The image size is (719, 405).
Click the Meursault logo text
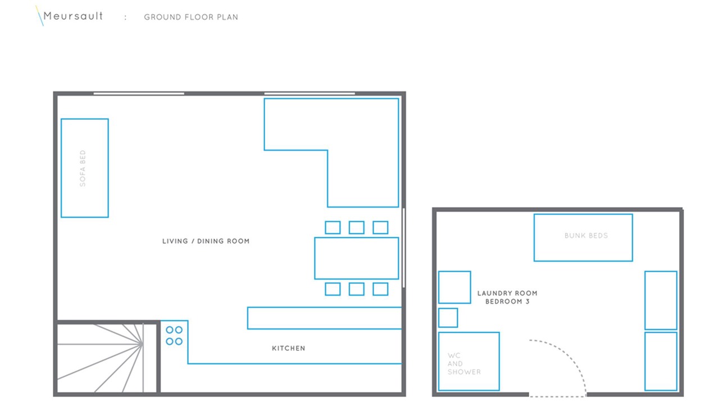tap(73, 16)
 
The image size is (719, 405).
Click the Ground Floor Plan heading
tap(191, 17)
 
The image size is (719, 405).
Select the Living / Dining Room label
tap(206, 241)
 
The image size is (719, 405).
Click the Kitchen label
tap(289, 348)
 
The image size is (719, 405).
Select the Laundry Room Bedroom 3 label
tap(507, 298)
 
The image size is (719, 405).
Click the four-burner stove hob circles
tap(174, 336)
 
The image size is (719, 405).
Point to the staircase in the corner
tap(107, 358)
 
